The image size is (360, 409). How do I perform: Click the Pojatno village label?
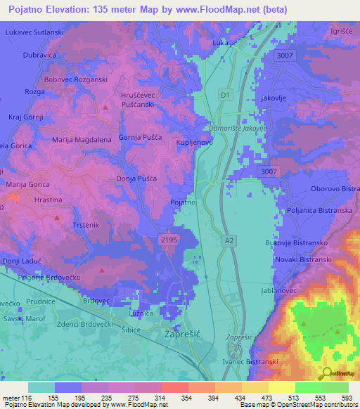pos(183,202)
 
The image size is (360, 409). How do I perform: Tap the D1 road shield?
pos(224,93)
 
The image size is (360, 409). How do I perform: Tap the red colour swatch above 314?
pos(175,387)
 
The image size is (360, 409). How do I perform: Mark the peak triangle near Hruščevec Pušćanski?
pos(105,107)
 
